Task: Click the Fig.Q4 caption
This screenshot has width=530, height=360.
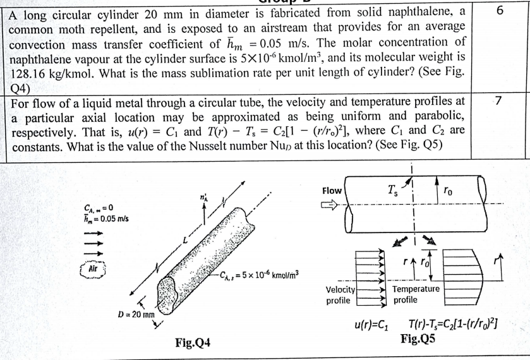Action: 192,344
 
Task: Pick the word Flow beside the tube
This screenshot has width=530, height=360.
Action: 332,190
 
